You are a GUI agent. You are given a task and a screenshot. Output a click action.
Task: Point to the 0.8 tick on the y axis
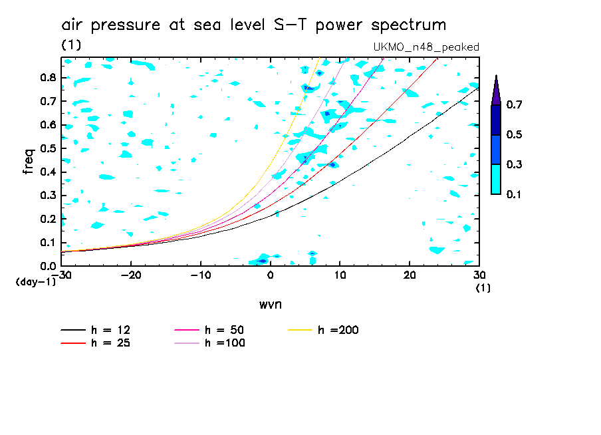(x=47, y=77)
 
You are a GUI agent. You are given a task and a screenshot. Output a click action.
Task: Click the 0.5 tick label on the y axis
(x=47, y=148)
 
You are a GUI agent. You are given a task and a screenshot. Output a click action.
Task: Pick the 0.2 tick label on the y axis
(x=47, y=219)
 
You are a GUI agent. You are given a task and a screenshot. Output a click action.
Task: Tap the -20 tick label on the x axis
(x=131, y=275)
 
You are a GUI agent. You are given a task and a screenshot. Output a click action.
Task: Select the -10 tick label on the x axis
(x=200, y=275)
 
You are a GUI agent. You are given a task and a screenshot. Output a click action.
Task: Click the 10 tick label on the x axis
(x=339, y=275)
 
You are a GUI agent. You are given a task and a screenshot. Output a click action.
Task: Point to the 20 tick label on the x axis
(x=409, y=275)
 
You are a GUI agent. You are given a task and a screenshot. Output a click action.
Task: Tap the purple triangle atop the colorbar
(x=496, y=90)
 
